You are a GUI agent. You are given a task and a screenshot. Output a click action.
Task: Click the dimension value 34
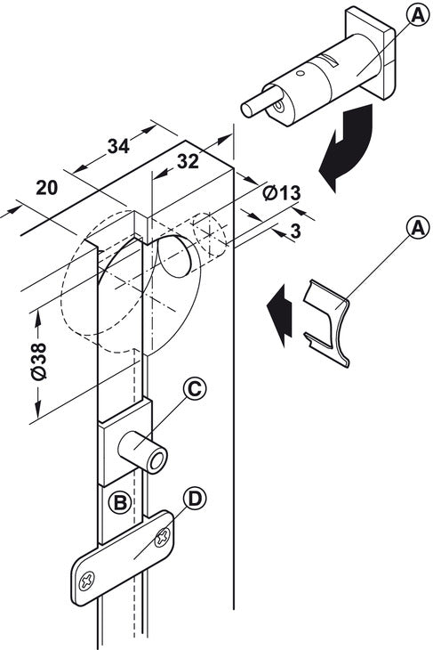pyautogui.click(x=118, y=146)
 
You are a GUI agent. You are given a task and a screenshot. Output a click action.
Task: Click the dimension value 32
pyautogui.click(x=188, y=161)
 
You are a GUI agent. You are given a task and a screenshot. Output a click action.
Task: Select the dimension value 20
pyautogui.click(x=47, y=188)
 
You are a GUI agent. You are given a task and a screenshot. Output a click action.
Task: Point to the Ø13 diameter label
pyautogui.click(x=282, y=192)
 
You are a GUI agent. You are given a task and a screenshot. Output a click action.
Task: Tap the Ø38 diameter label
pyautogui.click(x=39, y=362)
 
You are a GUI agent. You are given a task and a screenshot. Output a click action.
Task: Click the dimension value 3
pyautogui.click(x=295, y=232)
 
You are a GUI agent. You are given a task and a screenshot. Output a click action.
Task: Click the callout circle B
pyautogui.click(x=120, y=502)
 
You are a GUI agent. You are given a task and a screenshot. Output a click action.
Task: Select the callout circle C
pyautogui.click(x=195, y=389)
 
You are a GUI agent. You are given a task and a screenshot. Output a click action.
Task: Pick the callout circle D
pyautogui.click(x=195, y=500)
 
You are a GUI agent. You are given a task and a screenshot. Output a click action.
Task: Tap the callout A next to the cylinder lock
pyautogui.click(x=418, y=16)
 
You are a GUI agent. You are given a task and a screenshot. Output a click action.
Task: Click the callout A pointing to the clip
pyautogui.click(x=418, y=228)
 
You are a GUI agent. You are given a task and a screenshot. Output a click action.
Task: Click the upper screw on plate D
pyautogui.click(x=162, y=538)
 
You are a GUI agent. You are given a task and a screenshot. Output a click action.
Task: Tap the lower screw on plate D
pyautogui.click(x=87, y=581)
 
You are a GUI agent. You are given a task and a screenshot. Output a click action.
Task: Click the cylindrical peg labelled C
pyautogui.click(x=143, y=452)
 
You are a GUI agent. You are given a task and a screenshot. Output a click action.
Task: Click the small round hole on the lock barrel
pyautogui.click(x=301, y=73)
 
